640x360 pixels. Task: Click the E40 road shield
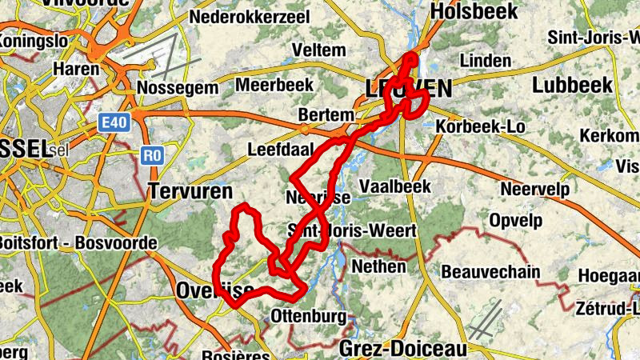[x=113, y=122]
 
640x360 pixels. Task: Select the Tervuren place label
[x=190, y=190]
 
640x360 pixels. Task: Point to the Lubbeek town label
[x=572, y=85]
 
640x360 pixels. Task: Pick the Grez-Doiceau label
[x=402, y=348]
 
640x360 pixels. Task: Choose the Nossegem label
[x=178, y=86]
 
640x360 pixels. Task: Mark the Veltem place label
[x=319, y=50]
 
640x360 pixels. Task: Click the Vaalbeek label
[x=395, y=186]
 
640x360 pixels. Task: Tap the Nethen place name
[x=379, y=266]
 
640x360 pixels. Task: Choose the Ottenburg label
[x=310, y=315]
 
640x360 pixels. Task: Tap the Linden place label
[x=486, y=61]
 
